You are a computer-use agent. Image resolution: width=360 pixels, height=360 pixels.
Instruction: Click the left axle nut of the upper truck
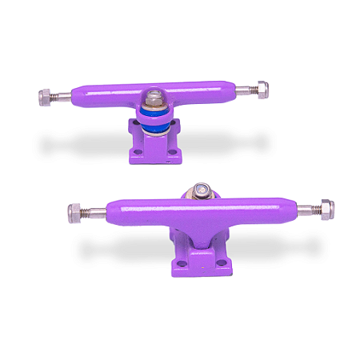(x=45, y=97)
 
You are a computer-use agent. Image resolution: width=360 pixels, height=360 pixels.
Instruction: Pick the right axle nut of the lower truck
(x=326, y=210)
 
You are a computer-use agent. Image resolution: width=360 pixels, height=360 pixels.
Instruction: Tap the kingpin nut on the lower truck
(x=200, y=191)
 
